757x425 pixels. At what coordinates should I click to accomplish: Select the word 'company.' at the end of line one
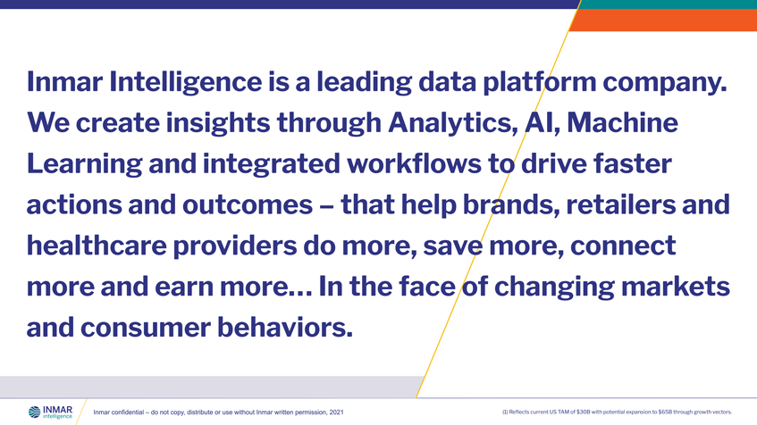pos(665,83)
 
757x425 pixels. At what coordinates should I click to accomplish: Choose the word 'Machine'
pos(631,124)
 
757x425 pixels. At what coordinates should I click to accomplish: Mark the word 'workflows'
pos(406,165)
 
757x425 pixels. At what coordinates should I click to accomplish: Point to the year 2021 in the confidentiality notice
pos(335,412)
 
